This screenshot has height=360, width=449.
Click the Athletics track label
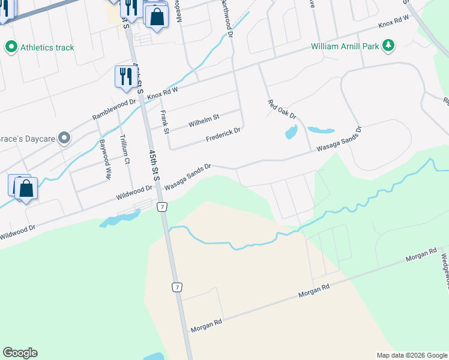[x=47, y=47]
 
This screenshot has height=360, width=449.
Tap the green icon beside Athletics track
[x=10, y=47]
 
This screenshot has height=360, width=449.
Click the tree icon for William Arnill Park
[x=388, y=45]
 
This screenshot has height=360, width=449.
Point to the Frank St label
[x=164, y=118]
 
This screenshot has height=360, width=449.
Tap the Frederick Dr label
[x=223, y=135]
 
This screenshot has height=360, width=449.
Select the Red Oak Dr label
[x=282, y=109]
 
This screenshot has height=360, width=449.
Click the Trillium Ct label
[x=125, y=153]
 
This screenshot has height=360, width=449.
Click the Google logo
[x=20, y=352]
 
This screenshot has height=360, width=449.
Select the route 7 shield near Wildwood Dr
[x=161, y=206]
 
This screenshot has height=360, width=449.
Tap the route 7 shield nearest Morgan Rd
[x=177, y=287]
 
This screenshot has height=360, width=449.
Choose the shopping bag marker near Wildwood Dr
[x=26, y=189]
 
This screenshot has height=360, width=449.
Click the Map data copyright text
[x=412, y=355]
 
